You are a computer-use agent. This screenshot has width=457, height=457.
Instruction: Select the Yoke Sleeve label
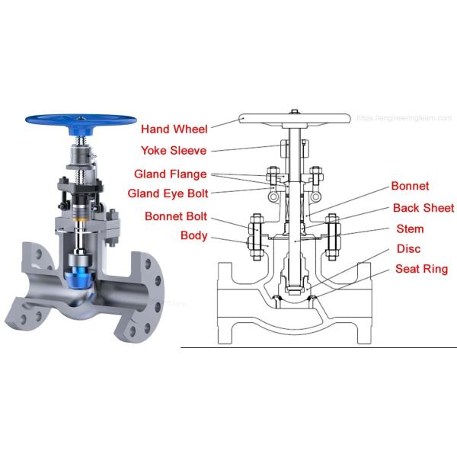[x=174, y=150]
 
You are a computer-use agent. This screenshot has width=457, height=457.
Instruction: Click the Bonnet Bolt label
[x=177, y=216]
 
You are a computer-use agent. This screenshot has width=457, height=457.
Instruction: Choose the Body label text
[x=193, y=236]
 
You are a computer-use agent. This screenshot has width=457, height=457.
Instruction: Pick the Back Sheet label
[x=423, y=208]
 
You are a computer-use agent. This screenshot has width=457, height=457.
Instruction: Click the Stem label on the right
[x=411, y=228]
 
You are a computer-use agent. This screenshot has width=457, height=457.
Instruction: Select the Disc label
[x=409, y=249]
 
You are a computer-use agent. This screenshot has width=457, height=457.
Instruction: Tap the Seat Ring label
[x=421, y=269]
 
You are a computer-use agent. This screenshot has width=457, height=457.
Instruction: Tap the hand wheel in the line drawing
[x=294, y=119]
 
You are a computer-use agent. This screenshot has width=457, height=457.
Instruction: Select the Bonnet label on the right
[x=410, y=186]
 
